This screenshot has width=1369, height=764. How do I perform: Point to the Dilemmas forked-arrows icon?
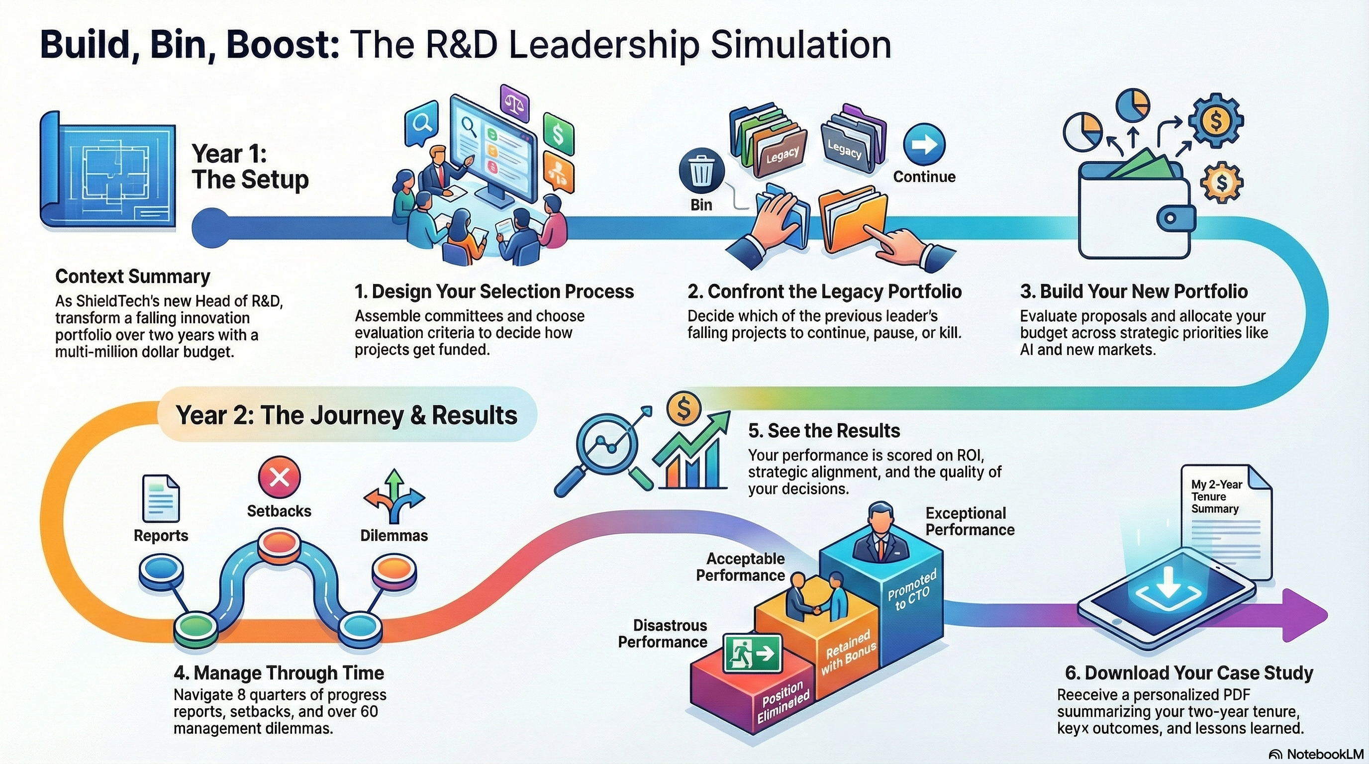pos(394,497)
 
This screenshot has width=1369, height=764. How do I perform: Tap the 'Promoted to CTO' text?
pos(911,591)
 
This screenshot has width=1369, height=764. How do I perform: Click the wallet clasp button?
pos(1170,218)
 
